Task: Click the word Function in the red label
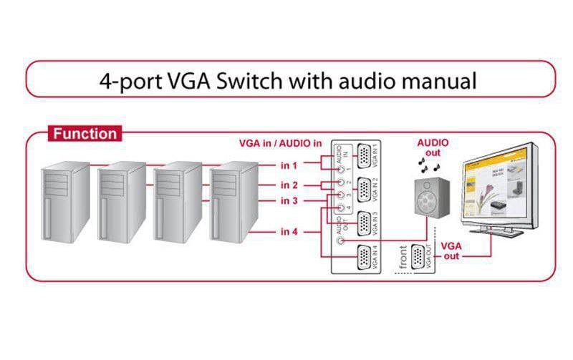coord(85,133)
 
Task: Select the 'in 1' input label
coord(289,165)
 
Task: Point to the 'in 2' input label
coord(289,186)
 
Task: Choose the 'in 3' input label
coord(289,201)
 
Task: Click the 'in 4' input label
coord(289,231)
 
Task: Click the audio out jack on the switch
coord(338,241)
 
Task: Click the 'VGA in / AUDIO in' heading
coord(281,142)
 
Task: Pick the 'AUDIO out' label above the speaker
coord(433,147)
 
